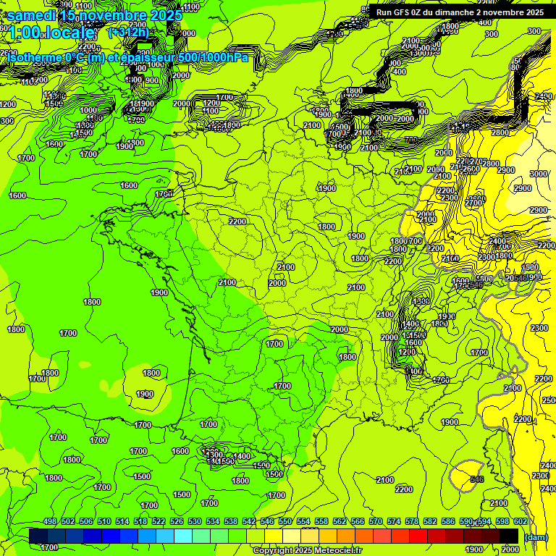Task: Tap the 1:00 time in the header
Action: (x=23, y=33)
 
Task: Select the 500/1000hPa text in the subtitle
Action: (x=214, y=57)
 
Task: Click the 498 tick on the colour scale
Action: (x=50, y=522)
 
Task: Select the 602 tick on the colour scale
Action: (x=521, y=522)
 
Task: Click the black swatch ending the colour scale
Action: (x=509, y=536)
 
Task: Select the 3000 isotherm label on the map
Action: (x=538, y=174)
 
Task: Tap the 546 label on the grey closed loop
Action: (x=476, y=479)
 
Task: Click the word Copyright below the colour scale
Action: (x=271, y=550)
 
